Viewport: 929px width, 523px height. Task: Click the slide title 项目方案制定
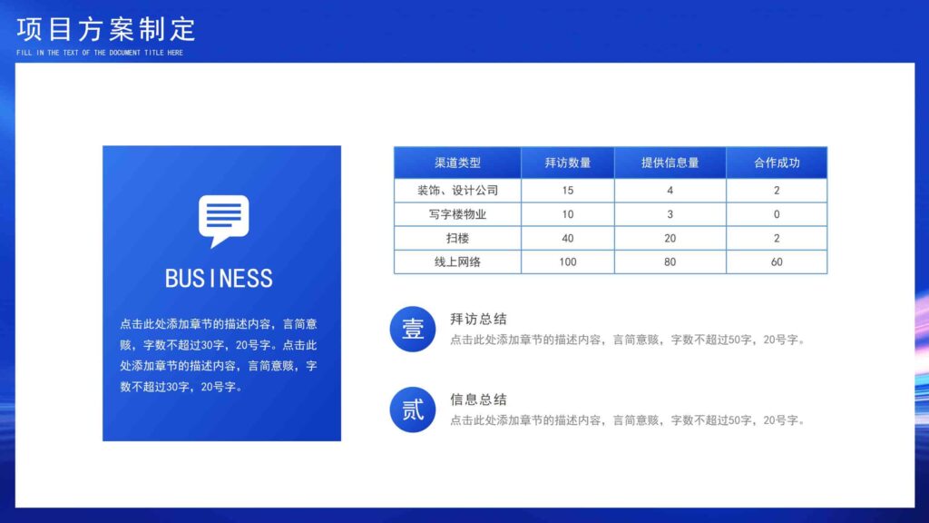pos(106,29)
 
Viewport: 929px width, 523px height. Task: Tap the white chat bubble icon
pos(223,220)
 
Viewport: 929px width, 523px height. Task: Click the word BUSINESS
pos(219,278)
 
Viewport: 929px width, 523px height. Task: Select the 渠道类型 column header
pos(457,163)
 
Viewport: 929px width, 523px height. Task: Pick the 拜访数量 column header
pos(568,163)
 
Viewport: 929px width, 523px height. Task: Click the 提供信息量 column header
pos(670,163)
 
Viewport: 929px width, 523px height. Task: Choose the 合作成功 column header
pos(777,163)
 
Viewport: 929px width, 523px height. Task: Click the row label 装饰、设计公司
pos(457,191)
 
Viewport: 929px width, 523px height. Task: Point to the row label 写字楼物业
pos(457,214)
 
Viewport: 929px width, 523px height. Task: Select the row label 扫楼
pos(457,238)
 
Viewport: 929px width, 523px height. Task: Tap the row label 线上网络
pos(457,261)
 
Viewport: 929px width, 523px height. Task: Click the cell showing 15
pos(568,191)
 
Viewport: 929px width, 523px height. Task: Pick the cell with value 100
pos(568,261)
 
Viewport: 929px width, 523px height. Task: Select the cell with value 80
pos(670,261)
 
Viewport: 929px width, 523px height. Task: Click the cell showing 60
pos(777,261)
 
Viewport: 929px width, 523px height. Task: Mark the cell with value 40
pos(568,238)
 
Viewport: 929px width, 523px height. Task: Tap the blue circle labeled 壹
pos(413,330)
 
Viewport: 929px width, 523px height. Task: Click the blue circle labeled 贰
pos(413,410)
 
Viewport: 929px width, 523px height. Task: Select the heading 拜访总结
pos(478,320)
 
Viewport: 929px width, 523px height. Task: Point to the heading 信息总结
pos(478,400)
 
